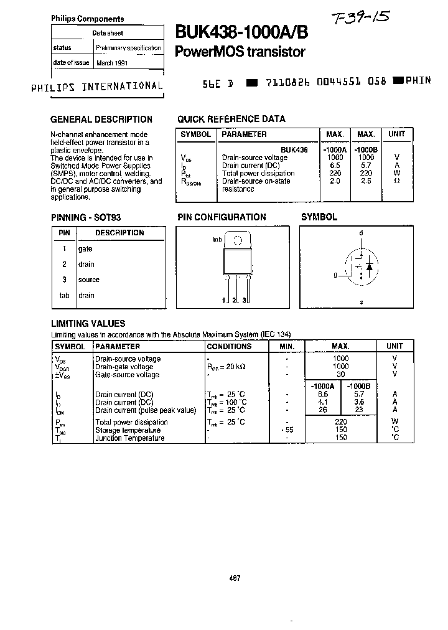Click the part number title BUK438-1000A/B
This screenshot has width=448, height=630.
click(x=241, y=32)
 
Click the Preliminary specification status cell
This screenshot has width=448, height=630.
click(x=129, y=47)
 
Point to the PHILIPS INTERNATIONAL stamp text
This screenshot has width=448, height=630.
click(x=97, y=87)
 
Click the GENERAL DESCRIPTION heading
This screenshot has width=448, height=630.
click(x=101, y=119)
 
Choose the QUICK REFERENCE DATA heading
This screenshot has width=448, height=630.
click(x=231, y=119)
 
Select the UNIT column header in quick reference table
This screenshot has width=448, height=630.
click(x=396, y=134)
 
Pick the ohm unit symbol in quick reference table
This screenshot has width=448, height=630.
click(x=396, y=181)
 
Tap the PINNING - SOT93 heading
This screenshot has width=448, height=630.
click(x=85, y=217)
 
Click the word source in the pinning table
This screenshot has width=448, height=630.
click(x=88, y=280)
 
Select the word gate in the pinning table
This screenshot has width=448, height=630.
click(x=85, y=248)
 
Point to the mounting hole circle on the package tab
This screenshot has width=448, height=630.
click(x=237, y=241)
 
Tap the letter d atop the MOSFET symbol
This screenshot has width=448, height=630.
click(x=360, y=233)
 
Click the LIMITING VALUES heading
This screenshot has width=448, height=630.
click(x=88, y=323)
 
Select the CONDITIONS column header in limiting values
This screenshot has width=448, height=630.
click(x=229, y=346)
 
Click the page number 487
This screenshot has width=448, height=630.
click(x=235, y=578)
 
